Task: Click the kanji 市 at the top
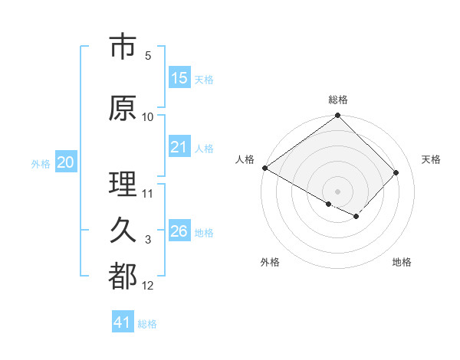tap(123, 47)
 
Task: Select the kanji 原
tap(123, 109)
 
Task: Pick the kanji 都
tap(123, 277)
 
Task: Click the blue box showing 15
tap(179, 78)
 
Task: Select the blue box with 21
tap(179, 147)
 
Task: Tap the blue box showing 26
tap(179, 231)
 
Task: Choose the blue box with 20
tap(66, 162)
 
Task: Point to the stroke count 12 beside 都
tap(148, 286)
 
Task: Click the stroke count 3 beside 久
tap(148, 240)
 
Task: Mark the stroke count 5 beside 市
tap(148, 56)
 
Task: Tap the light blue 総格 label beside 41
tap(147, 324)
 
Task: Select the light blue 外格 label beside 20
tap(41, 163)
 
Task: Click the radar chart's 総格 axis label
tap(337, 100)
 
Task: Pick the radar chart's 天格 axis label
tap(431, 159)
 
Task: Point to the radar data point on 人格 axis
tap(264, 168)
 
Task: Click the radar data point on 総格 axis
tap(337, 116)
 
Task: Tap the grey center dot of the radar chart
tap(337, 191)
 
